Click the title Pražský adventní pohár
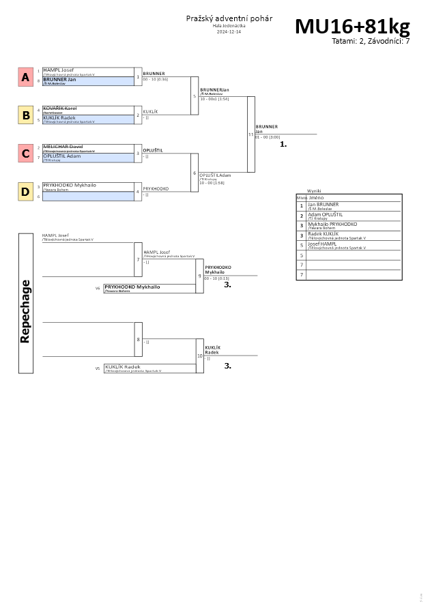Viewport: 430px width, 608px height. click(x=229, y=18)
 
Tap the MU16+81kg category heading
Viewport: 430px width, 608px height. click(x=352, y=27)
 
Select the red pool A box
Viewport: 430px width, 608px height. click(x=25, y=78)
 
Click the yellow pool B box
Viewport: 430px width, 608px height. click(x=25, y=115)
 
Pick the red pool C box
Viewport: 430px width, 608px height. click(x=25, y=154)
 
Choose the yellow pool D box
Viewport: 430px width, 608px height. click(x=25, y=192)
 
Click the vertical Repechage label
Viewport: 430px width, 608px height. click(x=25, y=304)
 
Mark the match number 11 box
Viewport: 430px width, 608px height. click(x=250, y=134)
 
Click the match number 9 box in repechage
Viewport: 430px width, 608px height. click(x=200, y=276)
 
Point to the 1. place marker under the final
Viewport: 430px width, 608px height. click(x=283, y=145)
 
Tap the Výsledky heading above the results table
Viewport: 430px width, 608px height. click(x=314, y=191)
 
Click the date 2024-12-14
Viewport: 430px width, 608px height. click(x=229, y=32)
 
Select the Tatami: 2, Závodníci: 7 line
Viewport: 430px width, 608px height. click(x=371, y=42)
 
